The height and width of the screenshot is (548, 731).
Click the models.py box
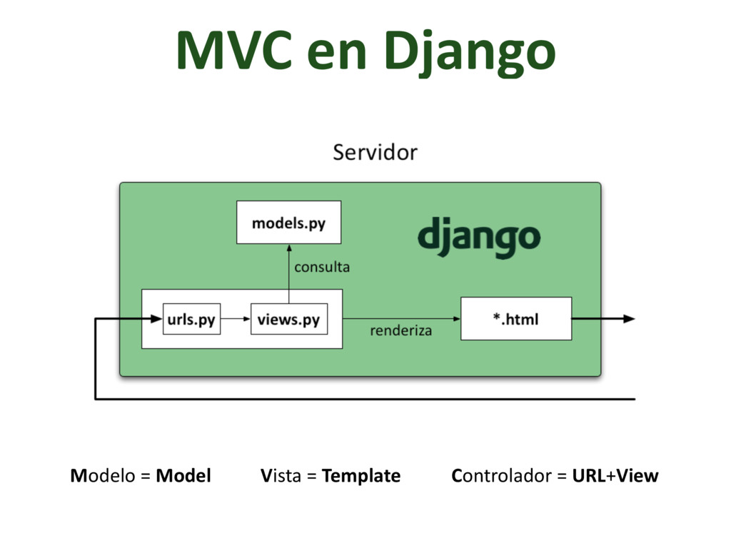[288, 223]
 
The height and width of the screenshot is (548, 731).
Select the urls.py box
[191, 319]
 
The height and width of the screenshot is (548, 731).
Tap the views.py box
[288, 319]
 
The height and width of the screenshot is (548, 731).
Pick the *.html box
[515, 319]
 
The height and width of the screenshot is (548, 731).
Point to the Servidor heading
[375, 152]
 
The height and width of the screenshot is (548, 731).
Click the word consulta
[322, 268]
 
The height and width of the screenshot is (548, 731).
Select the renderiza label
[400, 331]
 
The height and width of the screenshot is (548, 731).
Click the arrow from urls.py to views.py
[235, 319]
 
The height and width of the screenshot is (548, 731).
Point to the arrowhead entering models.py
[288, 248]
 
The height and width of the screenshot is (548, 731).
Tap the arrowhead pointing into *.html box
[455, 319]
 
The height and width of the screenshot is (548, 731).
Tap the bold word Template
[361, 476]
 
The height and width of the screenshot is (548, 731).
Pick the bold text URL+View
[615, 476]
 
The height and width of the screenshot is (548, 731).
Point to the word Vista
[281, 476]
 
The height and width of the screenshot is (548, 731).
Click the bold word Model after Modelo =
[183, 476]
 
